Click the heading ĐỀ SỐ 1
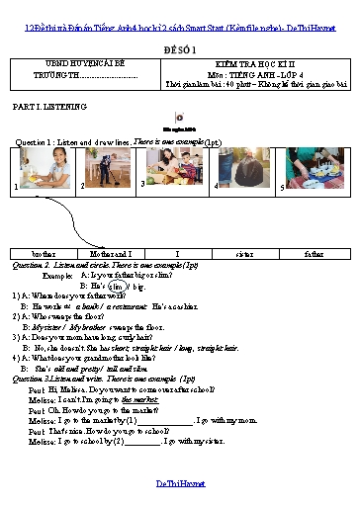[x=179, y=46]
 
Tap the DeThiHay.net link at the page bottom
[x=179, y=483]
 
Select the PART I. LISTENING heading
[x=45, y=104]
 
